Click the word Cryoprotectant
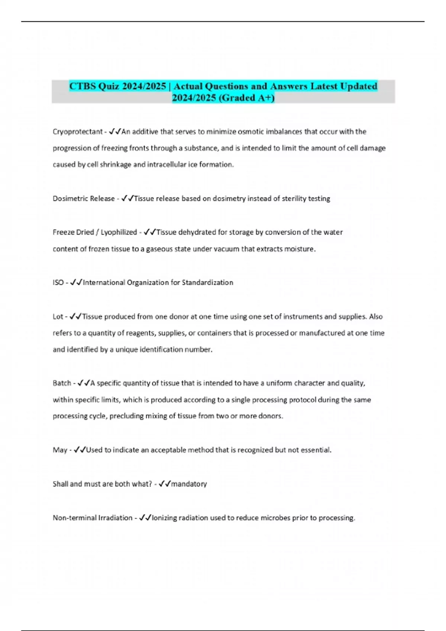click(77, 132)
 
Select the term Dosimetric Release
click(84, 199)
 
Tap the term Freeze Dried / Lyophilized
click(95, 232)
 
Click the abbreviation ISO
click(58, 282)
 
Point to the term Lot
click(58, 317)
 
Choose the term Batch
click(62, 383)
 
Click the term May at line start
click(60, 450)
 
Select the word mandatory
click(189, 484)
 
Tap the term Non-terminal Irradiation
click(93, 518)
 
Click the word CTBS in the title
click(83, 86)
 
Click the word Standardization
click(207, 282)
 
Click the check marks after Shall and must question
click(164, 484)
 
